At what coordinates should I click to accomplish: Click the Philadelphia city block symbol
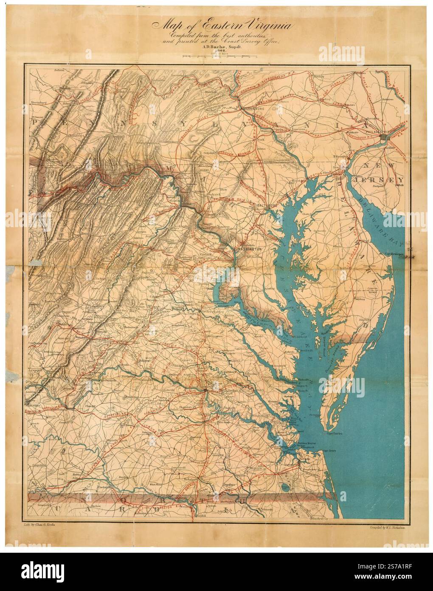[x=385, y=136]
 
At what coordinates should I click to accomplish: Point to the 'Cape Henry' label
[x=329, y=453]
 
